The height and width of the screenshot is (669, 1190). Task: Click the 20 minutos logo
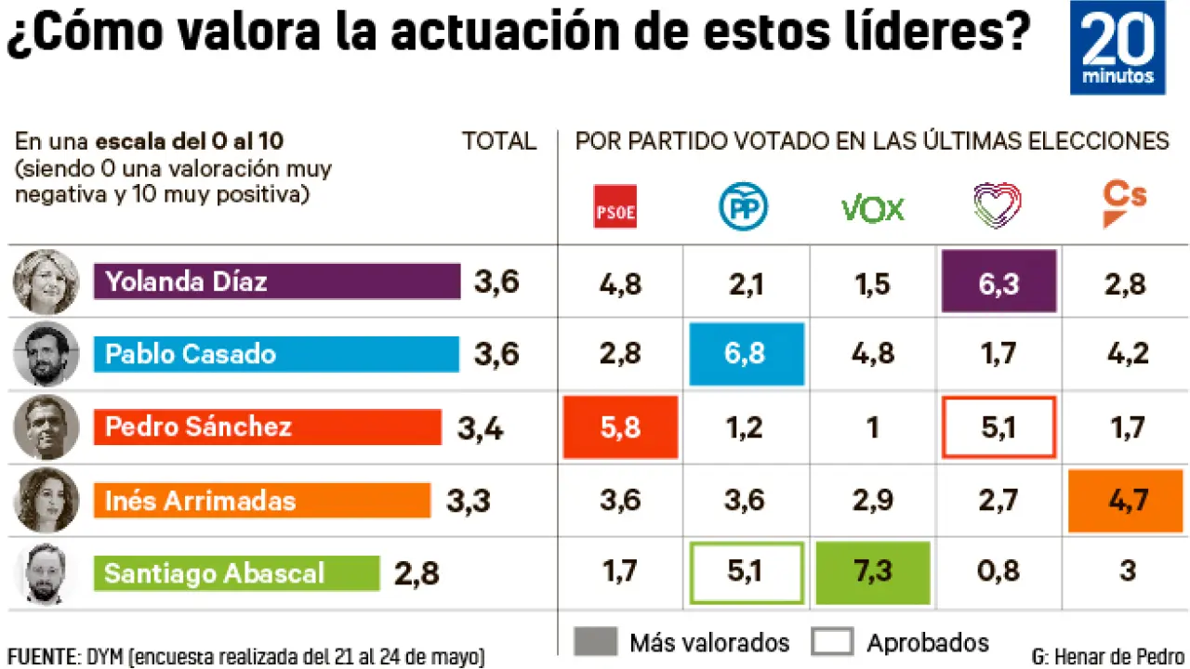point(1117,47)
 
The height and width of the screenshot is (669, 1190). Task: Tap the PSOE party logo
point(615,207)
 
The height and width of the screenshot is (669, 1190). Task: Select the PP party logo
point(744,207)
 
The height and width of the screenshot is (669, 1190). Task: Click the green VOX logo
point(872,208)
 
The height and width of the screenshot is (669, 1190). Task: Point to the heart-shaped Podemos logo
point(997,206)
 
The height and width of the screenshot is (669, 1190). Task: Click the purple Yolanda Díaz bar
point(277,282)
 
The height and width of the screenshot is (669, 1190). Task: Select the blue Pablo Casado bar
point(276,354)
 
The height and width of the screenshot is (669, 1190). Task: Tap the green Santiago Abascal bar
point(237,572)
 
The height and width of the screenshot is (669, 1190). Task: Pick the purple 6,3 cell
point(998,282)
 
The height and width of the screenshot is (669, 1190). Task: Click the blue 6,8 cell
point(746,354)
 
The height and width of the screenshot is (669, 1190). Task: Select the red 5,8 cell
point(620,426)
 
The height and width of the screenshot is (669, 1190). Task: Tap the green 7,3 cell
point(873,571)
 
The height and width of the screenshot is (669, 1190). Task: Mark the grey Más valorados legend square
point(595,642)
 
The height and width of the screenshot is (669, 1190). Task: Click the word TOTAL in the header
point(499,141)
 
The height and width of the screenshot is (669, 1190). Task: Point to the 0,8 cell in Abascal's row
point(998,571)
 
